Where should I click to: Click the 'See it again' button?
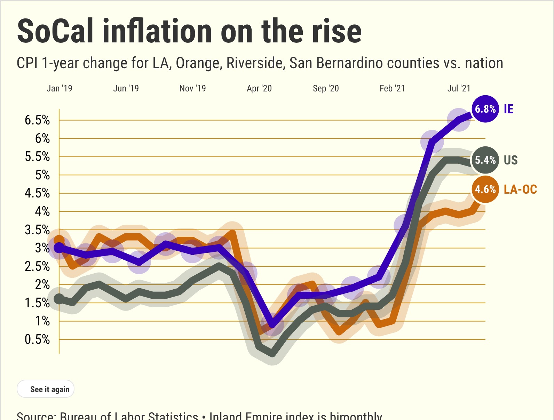46,389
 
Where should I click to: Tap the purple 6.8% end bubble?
485,109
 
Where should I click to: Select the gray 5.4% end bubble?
485,160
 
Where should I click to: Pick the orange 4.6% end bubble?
485,189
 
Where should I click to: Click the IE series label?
508,109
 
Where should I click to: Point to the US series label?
511,160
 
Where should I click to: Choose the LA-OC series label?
520,189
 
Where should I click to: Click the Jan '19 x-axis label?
59,88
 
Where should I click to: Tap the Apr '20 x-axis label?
259,88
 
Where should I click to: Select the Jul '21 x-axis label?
459,88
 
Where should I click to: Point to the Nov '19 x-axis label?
192,88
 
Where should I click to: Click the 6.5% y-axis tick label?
37,120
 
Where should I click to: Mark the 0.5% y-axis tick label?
37,339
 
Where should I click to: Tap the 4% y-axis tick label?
42,211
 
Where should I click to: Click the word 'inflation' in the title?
157,31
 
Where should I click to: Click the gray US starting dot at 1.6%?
59,299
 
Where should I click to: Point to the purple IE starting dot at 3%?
59,248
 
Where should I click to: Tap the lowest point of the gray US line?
272,354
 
